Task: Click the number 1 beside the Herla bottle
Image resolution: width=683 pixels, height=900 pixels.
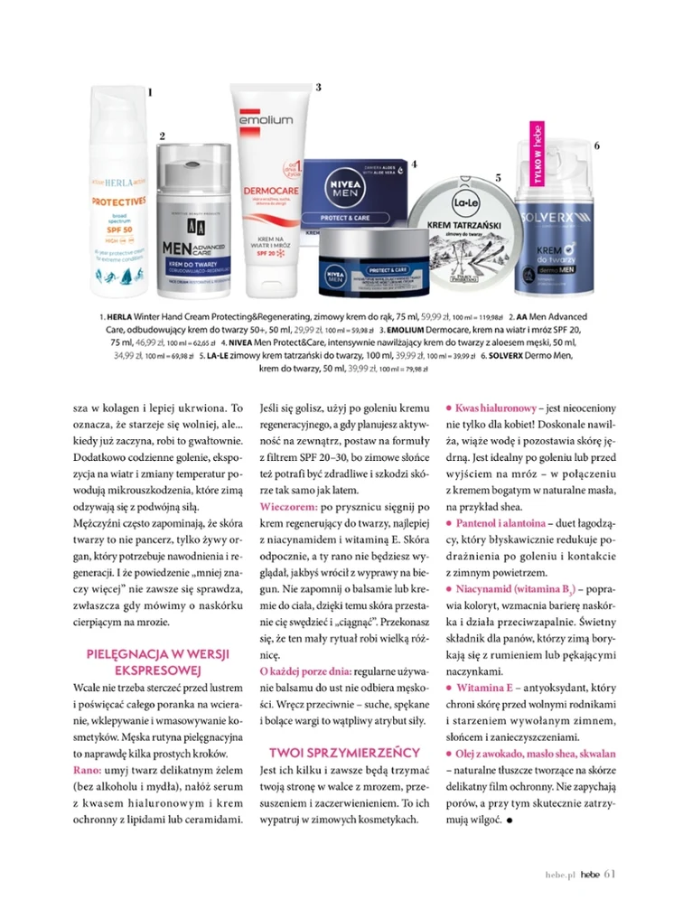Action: [x=150, y=91]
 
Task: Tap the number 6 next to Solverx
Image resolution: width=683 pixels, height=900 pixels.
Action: [x=595, y=145]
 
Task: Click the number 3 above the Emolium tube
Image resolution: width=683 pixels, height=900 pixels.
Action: [x=318, y=87]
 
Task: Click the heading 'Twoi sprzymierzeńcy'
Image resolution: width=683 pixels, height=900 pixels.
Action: [x=345, y=752]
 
